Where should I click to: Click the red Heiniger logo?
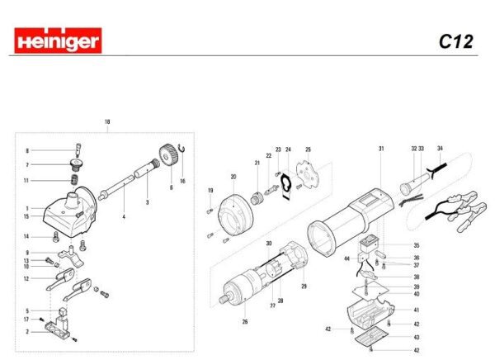58,40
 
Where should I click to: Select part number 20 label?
233,177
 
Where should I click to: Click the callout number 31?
381,149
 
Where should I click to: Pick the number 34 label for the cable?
441,149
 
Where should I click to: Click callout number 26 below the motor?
244,321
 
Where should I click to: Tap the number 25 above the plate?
308,149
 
